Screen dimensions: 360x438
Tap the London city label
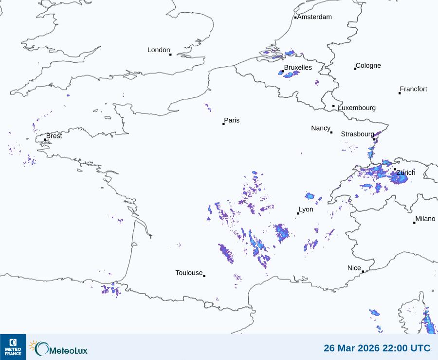pos(159,50)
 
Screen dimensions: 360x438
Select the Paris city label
pos(232,121)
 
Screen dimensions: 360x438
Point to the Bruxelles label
pos(298,67)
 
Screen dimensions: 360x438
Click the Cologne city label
pos(368,66)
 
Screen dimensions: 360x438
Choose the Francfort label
pos(413,89)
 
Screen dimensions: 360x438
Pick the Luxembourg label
pos(357,108)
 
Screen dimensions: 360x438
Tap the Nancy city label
pos(321,128)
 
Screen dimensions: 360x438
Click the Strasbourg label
pos(357,134)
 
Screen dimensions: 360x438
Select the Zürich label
pos(406,172)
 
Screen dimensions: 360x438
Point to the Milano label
pos(425,219)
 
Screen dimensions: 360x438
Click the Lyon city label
pos(306,209)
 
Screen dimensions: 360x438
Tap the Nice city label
pos(354,268)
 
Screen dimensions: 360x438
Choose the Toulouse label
pos(189,273)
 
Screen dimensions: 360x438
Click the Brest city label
pos(54,136)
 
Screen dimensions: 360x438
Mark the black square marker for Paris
pos(223,124)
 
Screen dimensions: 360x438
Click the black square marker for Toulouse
pos(204,276)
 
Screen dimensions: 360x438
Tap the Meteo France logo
pos(13,347)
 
